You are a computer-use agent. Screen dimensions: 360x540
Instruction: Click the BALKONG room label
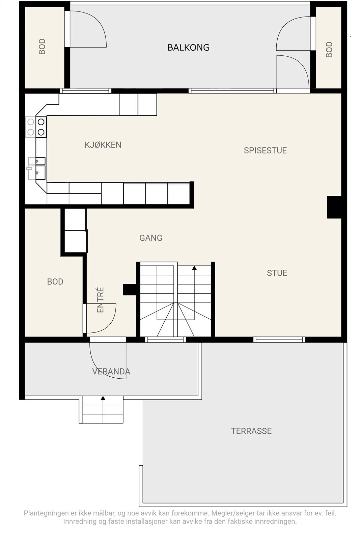(x=188, y=48)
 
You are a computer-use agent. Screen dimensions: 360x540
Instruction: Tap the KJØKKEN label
(x=103, y=145)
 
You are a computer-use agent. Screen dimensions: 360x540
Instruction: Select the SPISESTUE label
(x=265, y=151)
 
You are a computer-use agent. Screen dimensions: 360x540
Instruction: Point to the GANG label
(x=151, y=238)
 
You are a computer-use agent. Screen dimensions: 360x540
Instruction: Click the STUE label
(x=277, y=273)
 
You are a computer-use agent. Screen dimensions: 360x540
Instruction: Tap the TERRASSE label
(x=251, y=431)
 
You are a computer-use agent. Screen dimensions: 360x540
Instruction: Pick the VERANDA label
(x=111, y=372)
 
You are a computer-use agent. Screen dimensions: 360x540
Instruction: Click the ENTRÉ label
(x=100, y=300)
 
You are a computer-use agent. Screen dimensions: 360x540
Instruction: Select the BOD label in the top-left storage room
(x=42, y=47)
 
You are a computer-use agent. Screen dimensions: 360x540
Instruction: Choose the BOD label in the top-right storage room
(x=329, y=50)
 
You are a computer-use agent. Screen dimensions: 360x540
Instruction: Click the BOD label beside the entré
(x=55, y=281)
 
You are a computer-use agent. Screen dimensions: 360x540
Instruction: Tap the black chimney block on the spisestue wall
(x=334, y=207)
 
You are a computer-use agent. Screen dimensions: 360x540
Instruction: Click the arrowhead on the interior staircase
(x=194, y=268)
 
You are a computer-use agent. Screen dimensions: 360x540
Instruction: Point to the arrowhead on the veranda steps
(x=103, y=398)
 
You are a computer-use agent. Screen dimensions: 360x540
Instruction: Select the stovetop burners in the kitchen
(x=36, y=127)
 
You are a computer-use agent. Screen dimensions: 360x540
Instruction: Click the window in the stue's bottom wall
(x=279, y=340)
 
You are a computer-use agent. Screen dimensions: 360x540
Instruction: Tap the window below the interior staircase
(x=166, y=340)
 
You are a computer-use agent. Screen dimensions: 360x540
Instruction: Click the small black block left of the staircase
(x=130, y=290)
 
